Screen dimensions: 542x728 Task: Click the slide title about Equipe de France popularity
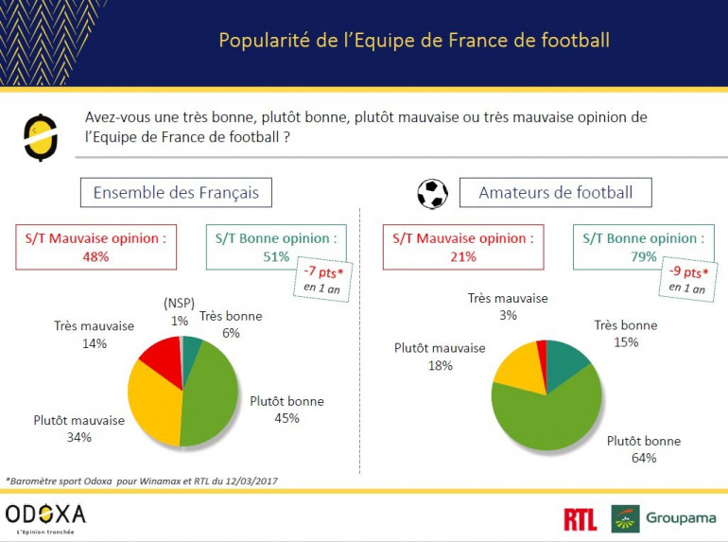coord(414,41)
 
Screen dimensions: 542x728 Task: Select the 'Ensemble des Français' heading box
coord(176,193)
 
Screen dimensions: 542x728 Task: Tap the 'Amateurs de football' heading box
coord(555,193)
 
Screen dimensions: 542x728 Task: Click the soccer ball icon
coord(432,194)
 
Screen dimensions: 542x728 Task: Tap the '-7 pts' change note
coord(323,278)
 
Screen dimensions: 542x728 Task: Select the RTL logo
coord(581,518)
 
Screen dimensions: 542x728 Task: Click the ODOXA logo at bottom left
coord(45,516)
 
